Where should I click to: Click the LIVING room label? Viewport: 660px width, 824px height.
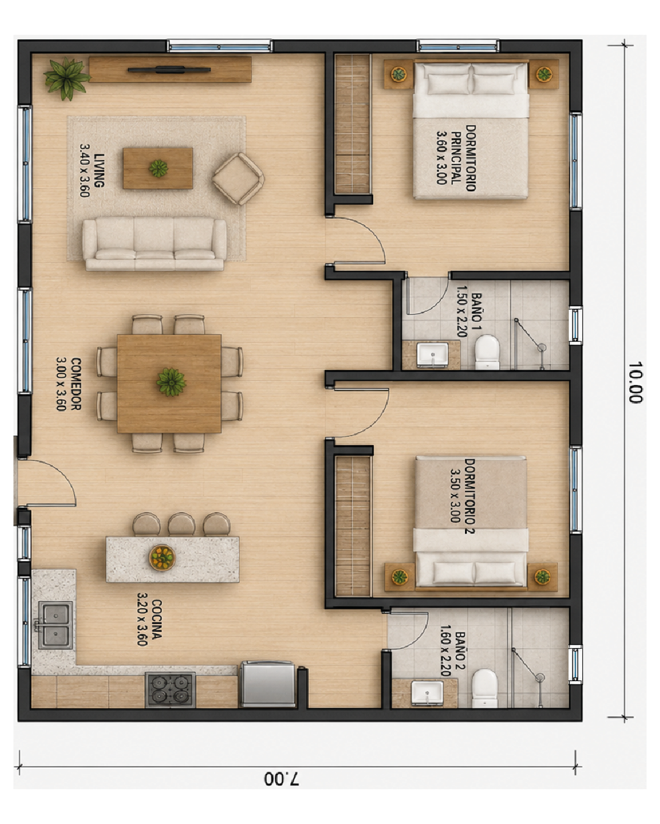pos(92,170)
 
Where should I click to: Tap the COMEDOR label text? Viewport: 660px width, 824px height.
pos(68,384)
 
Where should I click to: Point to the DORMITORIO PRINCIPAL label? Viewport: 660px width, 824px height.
pos(457,157)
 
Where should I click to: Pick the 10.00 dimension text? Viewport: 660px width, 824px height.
pos(635,382)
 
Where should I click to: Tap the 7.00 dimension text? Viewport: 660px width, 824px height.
pos(281,778)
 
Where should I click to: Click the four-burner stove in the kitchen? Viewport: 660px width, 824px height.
pos(170,689)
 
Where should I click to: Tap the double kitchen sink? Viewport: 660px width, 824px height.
pos(56,625)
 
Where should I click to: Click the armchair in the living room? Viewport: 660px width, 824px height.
pos(238,178)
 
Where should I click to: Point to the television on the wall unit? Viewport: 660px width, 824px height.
pos(169,70)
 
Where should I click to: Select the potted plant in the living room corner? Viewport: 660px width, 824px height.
pos(67,78)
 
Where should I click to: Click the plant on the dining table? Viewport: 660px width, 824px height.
pos(171,381)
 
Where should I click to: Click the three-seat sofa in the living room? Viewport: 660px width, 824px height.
pos(154,244)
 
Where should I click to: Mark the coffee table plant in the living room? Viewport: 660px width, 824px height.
pos(158,168)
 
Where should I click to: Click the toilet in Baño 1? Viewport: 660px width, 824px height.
pos(487,352)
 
